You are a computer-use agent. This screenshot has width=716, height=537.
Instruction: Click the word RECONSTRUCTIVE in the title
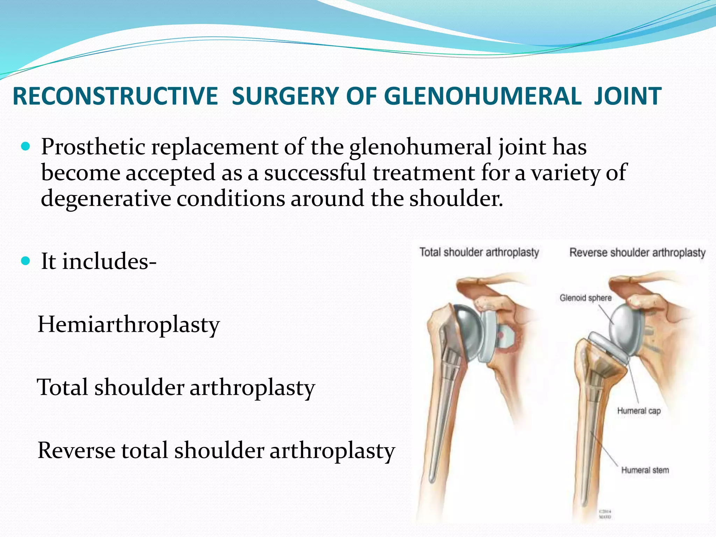[x=115, y=96]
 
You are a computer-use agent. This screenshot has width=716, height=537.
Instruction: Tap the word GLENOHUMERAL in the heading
[x=485, y=96]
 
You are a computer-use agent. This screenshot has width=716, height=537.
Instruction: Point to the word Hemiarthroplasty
[x=129, y=324]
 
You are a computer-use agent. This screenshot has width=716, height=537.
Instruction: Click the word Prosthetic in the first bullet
[x=93, y=147]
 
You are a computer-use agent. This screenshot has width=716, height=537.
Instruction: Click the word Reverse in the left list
[x=76, y=450]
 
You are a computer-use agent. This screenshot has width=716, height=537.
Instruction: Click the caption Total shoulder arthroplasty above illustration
[x=479, y=252]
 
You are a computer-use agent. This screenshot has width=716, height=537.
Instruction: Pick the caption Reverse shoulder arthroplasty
[x=637, y=252]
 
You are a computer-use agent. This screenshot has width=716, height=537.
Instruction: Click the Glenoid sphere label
[x=586, y=298]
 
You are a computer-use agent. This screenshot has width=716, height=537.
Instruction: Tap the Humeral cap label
[x=639, y=411]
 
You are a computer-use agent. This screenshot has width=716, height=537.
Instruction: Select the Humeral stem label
[x=645, y=470]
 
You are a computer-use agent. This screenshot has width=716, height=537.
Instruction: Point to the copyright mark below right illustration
[x=605, y=514]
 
